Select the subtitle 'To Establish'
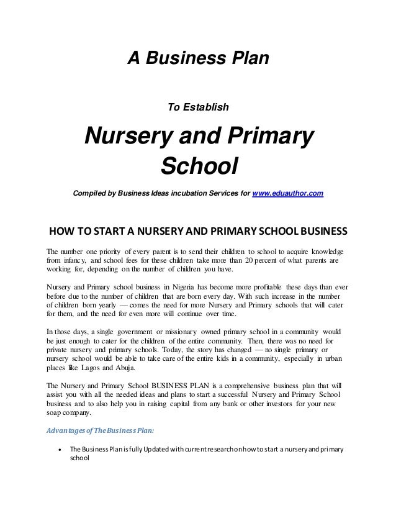(199, 107)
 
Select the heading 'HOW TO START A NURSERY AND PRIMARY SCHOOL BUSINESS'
(198, 234)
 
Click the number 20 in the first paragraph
(249, 261)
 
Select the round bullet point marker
(58, 450)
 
